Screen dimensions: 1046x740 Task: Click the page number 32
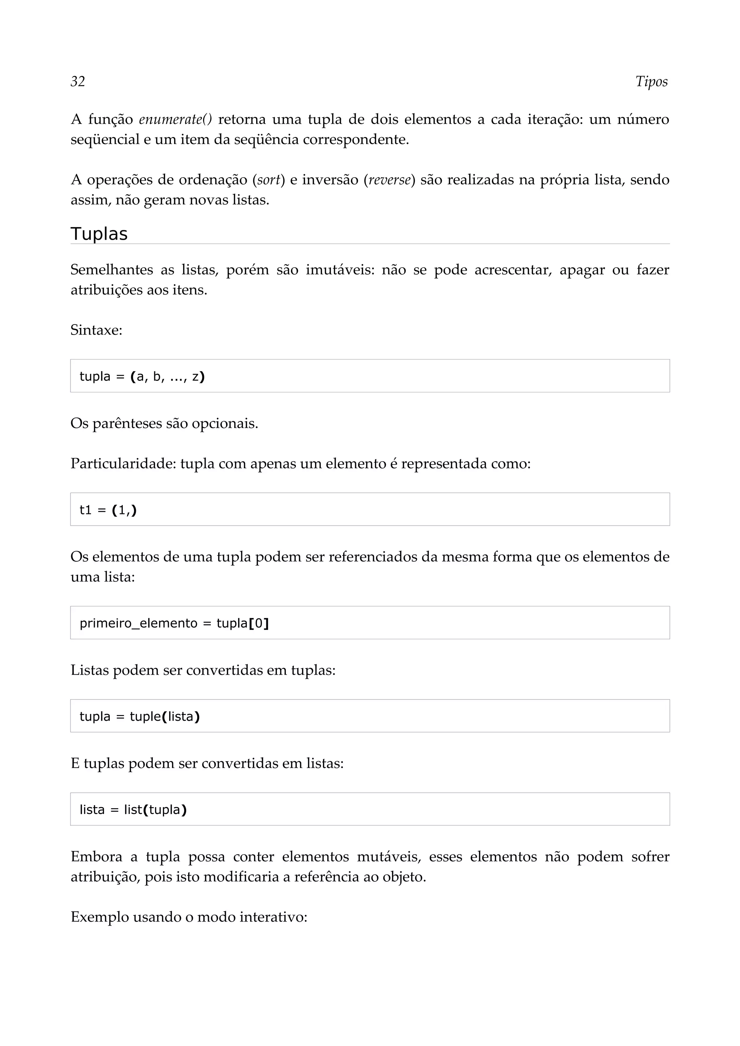(x=78, y=82)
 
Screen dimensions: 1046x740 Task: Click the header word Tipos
(x=651, y=82)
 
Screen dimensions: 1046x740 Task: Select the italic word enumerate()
(x=175, y=119)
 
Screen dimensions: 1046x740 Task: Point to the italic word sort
(x=268, y=180)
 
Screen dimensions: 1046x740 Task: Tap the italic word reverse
(x=390, y=180)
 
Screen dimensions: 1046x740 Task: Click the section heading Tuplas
(x=99, y=234)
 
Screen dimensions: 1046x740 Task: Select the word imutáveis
(x=339, y=270)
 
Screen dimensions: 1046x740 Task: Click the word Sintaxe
(x=96, y=330)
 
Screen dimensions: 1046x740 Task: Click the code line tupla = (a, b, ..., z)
(x=142, y=376)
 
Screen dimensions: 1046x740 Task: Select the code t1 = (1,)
(x=108, y=510)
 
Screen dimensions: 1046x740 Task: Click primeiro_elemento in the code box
(x=138, y=623)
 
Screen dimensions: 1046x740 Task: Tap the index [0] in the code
(x=258, y=623)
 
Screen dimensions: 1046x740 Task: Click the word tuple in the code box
(x=145, y=716)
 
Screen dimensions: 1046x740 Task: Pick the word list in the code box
(x=133, y=810)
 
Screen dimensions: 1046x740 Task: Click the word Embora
(x=96, y=857)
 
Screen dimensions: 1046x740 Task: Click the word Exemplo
(x=99, y=917)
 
